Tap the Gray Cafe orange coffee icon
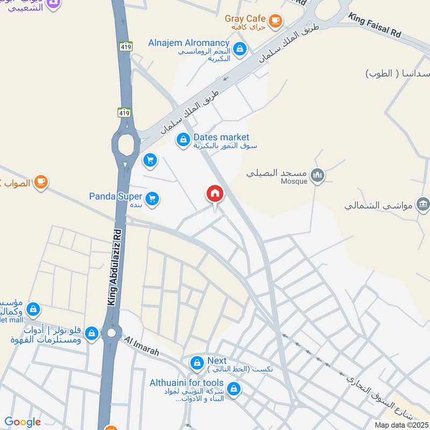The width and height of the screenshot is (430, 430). pos(275,21)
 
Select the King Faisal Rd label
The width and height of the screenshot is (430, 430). pos(375,25)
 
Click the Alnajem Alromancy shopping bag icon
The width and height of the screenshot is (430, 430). pos(240,48)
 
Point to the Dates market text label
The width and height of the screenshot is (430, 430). pos(221,138)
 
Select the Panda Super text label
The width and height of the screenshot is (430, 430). pos(116,196)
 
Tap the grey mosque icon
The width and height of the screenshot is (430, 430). pos(318,176)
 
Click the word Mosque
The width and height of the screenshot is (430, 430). pos(293,182)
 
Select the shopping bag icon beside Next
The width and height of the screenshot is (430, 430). pos(197,363)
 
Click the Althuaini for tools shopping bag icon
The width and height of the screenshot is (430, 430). pos(233,388)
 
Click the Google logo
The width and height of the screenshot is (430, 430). pos(22,422)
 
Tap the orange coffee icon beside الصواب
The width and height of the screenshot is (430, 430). pos(40,183)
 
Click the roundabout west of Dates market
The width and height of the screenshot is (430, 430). pos(126,144)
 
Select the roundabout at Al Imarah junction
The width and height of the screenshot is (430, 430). pos(111,333)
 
